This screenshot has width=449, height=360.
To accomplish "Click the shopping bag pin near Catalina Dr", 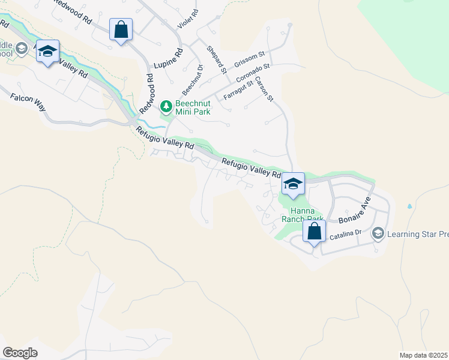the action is (x=314, y=231).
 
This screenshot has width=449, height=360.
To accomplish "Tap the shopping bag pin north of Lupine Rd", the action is (x=121, y=29).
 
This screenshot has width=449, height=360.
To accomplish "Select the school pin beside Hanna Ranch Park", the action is (x=293, y=184).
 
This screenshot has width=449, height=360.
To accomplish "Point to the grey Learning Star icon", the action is (x=378, y=233).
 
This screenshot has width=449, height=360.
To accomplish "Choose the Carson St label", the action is (x=264, y=89).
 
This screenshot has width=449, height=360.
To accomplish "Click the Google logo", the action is (x=20, y=353).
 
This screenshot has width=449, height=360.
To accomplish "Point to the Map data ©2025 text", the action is (x=423, y=355).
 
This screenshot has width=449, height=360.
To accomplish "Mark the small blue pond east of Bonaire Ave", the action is (x=409, y=206).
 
